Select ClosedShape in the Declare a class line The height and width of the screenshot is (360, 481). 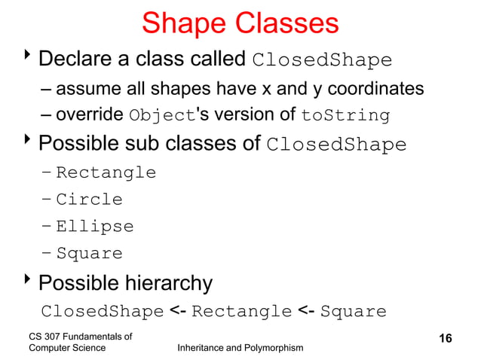(322, 60)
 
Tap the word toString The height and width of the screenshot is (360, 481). (345, 117)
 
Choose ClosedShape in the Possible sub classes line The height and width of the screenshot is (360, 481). (336, 145)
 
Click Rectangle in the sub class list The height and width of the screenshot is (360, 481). (106, 172)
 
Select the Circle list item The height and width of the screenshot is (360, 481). (89, 200)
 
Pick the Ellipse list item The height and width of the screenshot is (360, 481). (94, 227)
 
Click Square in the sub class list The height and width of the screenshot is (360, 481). (89, 254)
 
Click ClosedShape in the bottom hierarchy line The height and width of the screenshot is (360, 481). (102, 311)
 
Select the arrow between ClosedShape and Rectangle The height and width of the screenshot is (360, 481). (178, 311)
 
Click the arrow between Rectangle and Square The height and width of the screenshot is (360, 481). (306, 311)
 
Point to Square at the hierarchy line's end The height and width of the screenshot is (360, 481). (354, 311)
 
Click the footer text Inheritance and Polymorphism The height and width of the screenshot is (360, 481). (239, 347)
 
